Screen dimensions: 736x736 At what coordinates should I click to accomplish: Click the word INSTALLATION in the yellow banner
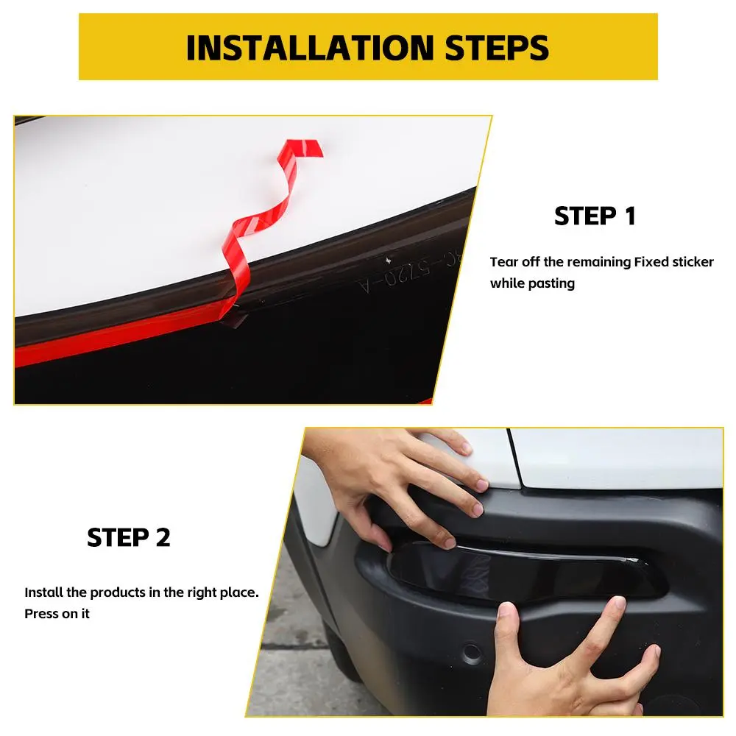[311, 48]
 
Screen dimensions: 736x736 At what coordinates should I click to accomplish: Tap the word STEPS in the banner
[497, 48]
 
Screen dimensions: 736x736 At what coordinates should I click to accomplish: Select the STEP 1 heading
[595, 216]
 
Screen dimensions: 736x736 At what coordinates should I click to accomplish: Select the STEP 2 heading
[128, 537]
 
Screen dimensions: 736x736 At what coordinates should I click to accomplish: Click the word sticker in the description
[693, 262]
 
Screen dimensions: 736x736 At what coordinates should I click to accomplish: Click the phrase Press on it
[57, 614]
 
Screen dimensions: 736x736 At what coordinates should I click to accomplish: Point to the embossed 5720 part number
[407, 274]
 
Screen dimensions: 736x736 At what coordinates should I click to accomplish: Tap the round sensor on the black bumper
[471, 652]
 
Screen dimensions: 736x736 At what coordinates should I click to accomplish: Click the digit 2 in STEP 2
[163, 537]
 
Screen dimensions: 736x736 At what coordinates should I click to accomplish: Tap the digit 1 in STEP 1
[631, 216]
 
